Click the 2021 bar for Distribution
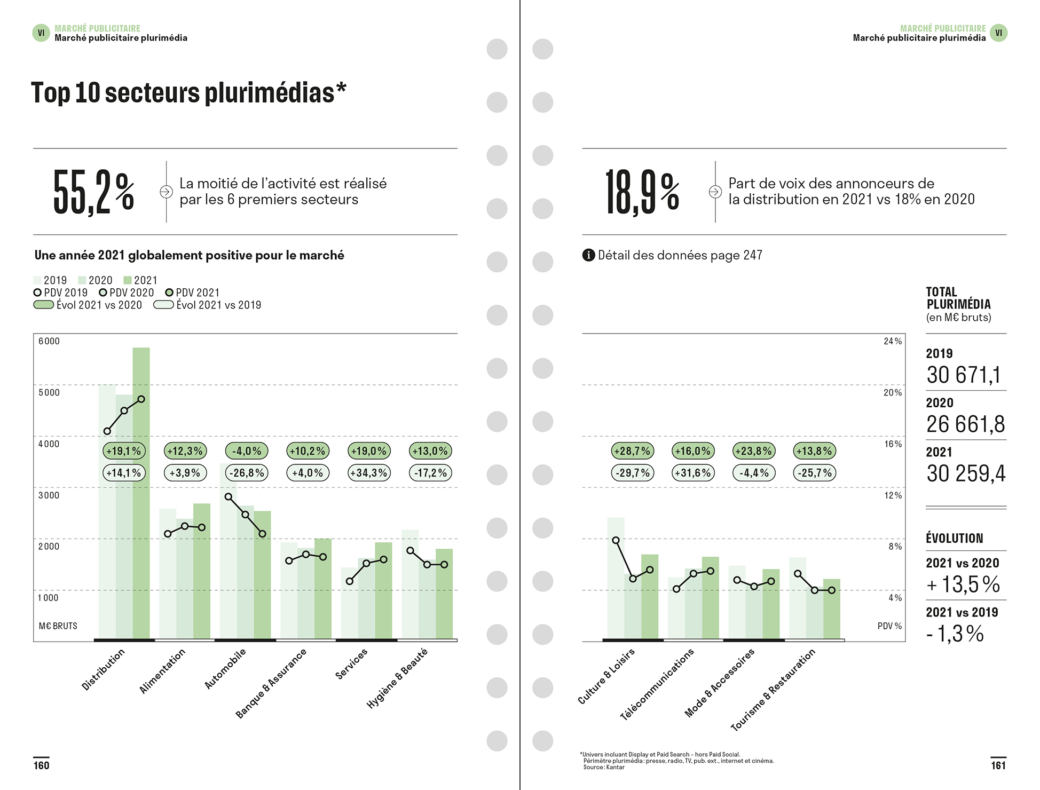[x=141, y=507]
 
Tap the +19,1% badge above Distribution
[x=124, y=451]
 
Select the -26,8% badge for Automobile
[x=247, y=473]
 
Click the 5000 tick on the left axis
[x=49, y=392]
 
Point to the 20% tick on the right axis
[x=893, y=392]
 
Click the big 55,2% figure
[x=93, y=192]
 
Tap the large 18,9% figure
[x=642, y=192]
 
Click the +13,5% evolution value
[x=963, y=584]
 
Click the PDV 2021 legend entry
[x=192, y=293]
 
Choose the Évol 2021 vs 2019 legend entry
[x=208, y=305]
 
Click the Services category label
[x=351, y=663]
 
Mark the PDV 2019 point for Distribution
[x=107, y=431]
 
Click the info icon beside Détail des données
[x=588, y=255]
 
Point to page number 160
[x=41, y=765]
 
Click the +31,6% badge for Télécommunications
[x=693, y=473]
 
